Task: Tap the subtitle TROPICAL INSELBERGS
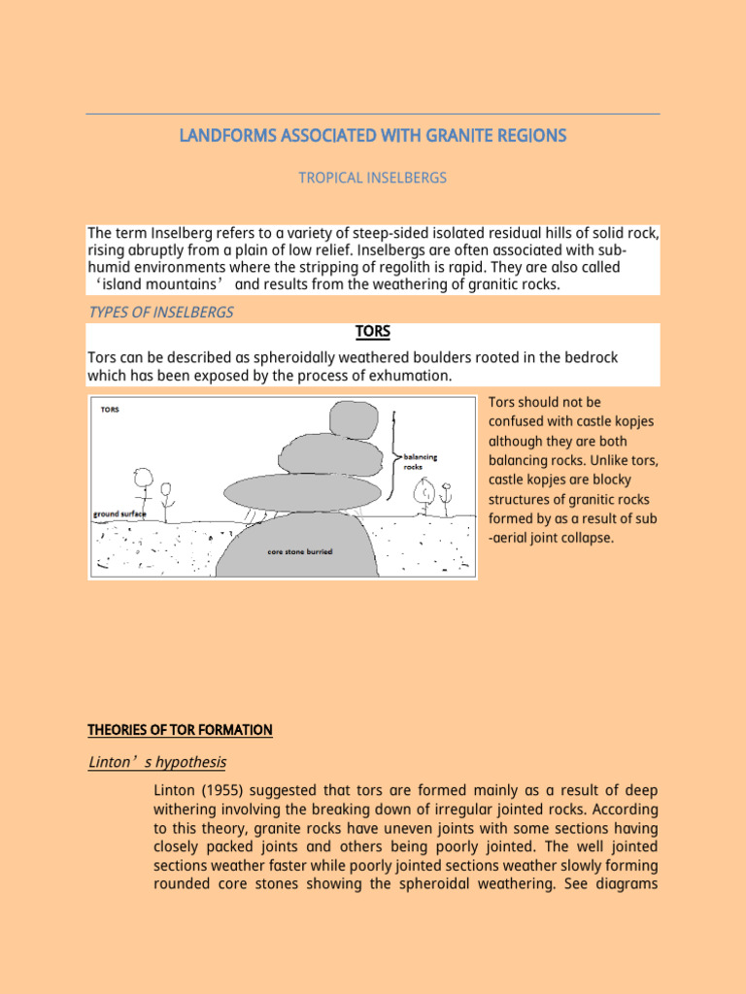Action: click(x=372, y=178)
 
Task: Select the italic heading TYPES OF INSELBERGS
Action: click(x=160, y=312)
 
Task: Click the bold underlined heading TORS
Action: click(x=372, y=332)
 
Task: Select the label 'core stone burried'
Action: click(x=299, y=551)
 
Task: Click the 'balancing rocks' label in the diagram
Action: click(x=421, y=461)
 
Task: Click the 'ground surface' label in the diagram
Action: click(x=119, y=514)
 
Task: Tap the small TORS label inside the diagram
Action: click(x=110, y=410)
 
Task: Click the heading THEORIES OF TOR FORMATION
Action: click(x=180, y=730)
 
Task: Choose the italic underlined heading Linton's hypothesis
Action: click(x=156, y=762)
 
